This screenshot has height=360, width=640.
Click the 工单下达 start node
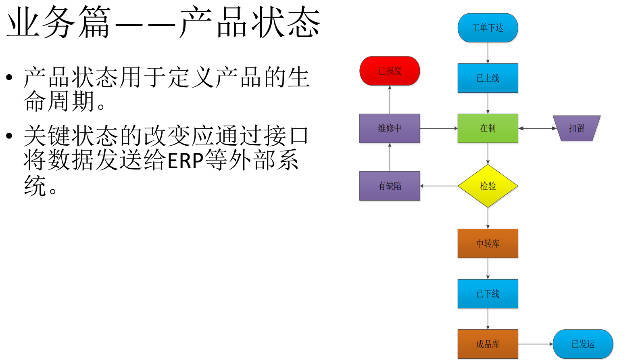pyautogui.click(x=488, y=28)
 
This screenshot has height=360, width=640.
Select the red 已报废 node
pyautogui.click(x=390, y=71)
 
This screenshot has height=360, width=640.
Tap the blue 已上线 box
pyautogui.click(x=488, y=78)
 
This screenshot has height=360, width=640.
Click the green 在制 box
pyautogui.click(x=488, y=128)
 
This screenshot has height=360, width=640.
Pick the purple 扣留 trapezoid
pyautogui.click(x=576, y=128)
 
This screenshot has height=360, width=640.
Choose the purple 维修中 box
pyautogui.click(x=390, y=128)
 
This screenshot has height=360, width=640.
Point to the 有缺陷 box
pyautogui.click(x=390, y=186)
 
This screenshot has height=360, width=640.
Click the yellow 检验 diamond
pyautogui.click(x=488, y=186)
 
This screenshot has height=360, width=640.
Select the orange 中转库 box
pyautogui.click(x=488, y=243)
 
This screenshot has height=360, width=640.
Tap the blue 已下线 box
pyautogui.click(x=488, y=293)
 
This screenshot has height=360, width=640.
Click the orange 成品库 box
pyautogui.click(x=488, y=344)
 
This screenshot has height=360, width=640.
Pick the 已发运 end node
pyautogui.click(x=583, y=344)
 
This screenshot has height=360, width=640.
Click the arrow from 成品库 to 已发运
pyautogui.click(x=535, y=344)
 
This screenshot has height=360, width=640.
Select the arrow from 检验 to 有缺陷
pyautogui.click(x=439, y=186)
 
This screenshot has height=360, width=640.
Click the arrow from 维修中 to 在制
pyautogui.click(x=439, y=128)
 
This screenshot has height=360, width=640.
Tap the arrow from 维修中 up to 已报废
pyautogui.click(x=390, y=100)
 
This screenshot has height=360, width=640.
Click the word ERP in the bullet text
pyautogui.click(x=185, y=161)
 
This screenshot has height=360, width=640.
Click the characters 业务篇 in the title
pyautogui.click(x=58, y=23)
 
